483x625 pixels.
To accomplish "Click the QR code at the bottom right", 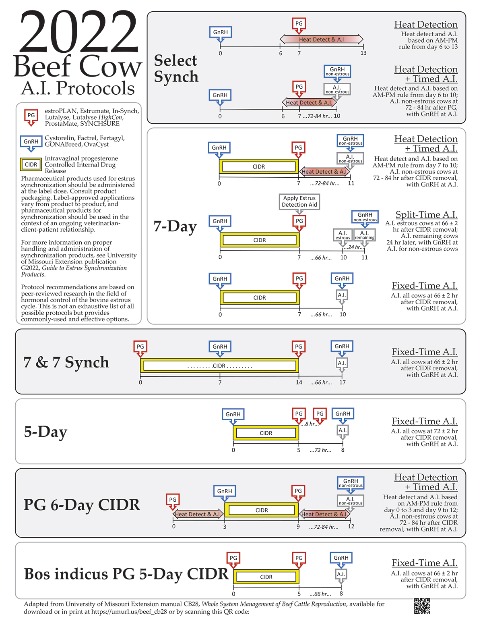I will pyautogui.click(x=422, y=606).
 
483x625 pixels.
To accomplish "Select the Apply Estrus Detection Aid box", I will pyautogui.click(x=299, y=201).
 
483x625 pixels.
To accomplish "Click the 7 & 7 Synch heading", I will pyautogui.click(x=66, y=362).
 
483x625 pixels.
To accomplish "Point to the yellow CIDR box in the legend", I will pyautogui.click(x=31, y=164).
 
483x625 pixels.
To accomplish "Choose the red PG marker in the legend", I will pyautogui.click(x=31, y=116).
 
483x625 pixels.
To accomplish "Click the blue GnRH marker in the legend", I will pyautogui.click(x=31, y=142).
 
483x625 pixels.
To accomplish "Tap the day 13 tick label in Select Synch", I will pyautogui.click(x=363, y=53).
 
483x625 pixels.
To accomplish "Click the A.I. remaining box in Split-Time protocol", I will pyautogui.click(x=365, y=235).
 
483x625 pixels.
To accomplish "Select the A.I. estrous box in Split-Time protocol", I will pyautogui.click(x=343, y=235).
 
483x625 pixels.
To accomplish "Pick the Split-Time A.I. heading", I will pyautogui.click(x=426, y=215).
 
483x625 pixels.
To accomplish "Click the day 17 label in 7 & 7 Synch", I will pyautogui.click(x=343, y=382).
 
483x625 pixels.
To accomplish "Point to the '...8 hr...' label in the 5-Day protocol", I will pyautogui.click(x=310, y=424).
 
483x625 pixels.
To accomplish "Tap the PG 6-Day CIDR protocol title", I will pyautogui.click(x=82, y=505).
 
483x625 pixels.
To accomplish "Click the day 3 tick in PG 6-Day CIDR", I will pyautogui.click(x=225, y=527).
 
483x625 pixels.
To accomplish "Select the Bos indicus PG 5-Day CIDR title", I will pyautogui.click(x=126, y=574).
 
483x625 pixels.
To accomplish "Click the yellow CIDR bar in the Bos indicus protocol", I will pyautogui.click(x=266, y=577).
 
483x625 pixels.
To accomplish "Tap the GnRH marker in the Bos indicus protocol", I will pyautogui.click(x=341, y=558).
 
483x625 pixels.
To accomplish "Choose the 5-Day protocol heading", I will pyautogui.click(x=45, y=432).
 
